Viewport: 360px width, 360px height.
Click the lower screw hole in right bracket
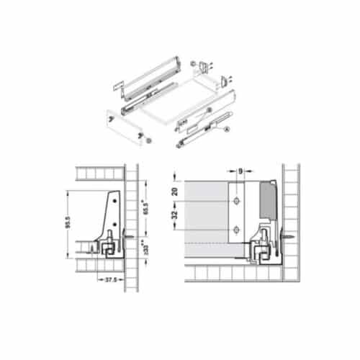tap(236, 230)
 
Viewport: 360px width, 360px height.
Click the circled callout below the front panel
tap(148, 140)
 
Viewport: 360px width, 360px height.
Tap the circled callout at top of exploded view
tap(193, 65)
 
